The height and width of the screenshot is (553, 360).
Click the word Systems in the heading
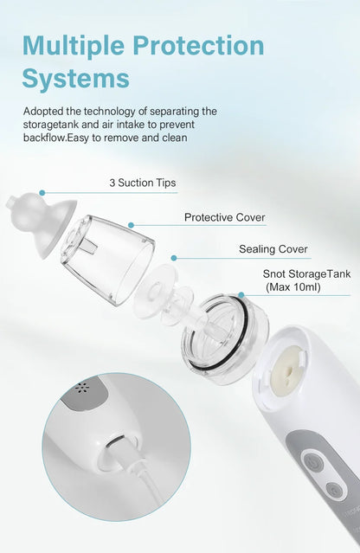tap(75, 79)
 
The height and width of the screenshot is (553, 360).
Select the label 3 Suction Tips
tap(142, 183)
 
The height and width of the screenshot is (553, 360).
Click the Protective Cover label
tap(224, 217)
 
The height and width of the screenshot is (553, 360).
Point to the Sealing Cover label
tap(273, 249)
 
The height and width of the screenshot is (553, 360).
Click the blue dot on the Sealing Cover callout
tap(173, 257)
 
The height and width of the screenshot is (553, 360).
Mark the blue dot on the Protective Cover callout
tap(131, 225)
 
